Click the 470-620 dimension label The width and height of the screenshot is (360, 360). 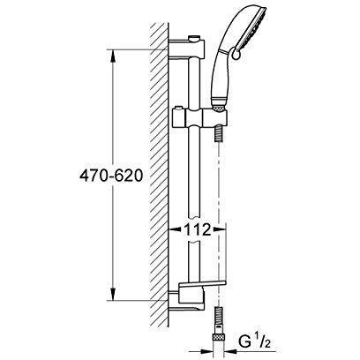(x=111, y=176)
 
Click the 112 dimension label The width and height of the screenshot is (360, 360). (x=198, y=229)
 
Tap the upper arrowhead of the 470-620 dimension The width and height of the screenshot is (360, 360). (x=113, y=56)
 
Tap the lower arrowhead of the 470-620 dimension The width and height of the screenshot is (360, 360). (x=113, y=294)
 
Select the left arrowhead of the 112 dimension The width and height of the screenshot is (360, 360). (x=175, y=229)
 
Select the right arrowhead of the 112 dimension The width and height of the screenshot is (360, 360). (x=219, y=229)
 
